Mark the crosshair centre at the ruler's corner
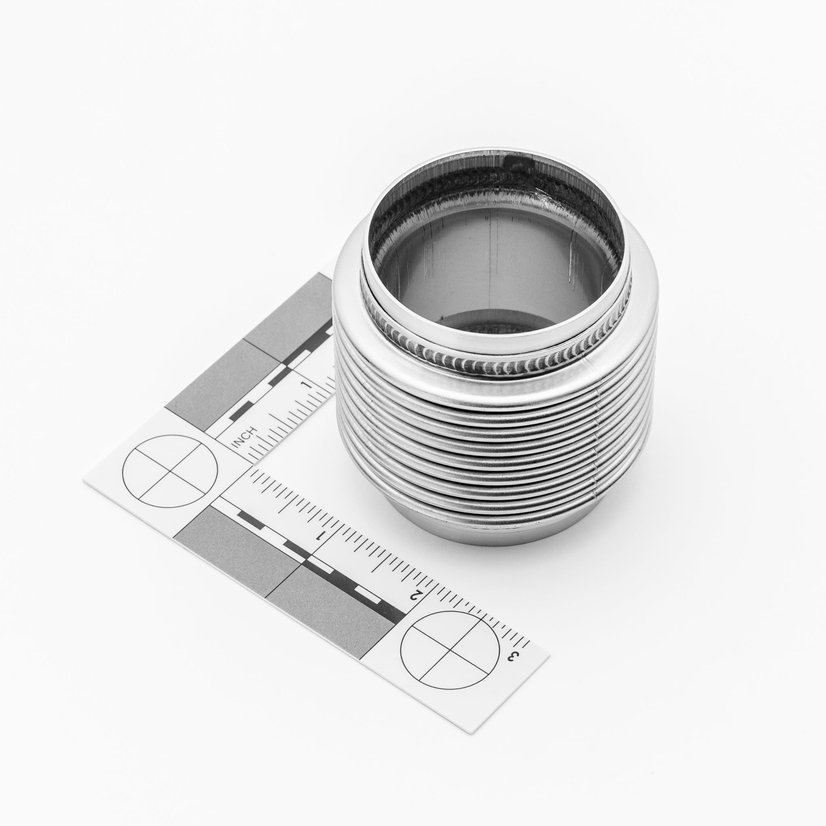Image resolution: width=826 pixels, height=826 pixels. point(170,471)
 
